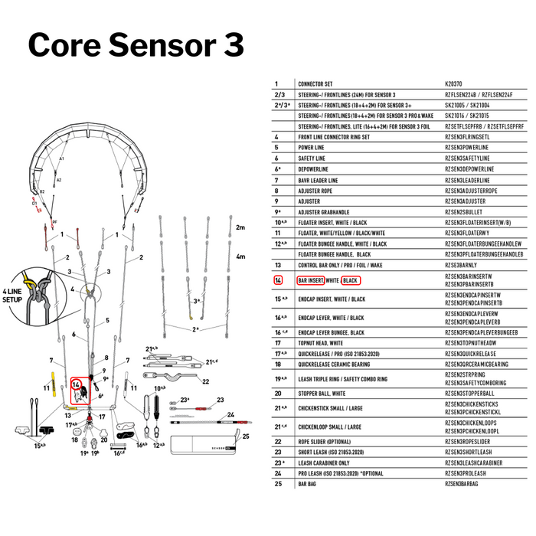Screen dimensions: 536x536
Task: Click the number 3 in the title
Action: [x=232, y=44]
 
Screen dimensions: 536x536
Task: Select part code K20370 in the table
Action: [x=453, y=83]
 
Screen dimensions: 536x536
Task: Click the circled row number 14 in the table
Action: [x=279, y=281]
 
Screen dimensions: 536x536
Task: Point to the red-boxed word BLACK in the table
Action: [x=351, y=281]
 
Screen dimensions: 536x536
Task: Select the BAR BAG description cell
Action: [x=307, y=484]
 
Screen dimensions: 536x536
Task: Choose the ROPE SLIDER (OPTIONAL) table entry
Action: [x=328, y=442]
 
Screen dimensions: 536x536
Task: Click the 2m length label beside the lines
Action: [x=240, y=227]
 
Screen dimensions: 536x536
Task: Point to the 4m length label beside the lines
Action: [x=240, y=257]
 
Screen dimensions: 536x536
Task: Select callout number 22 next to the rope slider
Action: [x=205, y=381]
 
